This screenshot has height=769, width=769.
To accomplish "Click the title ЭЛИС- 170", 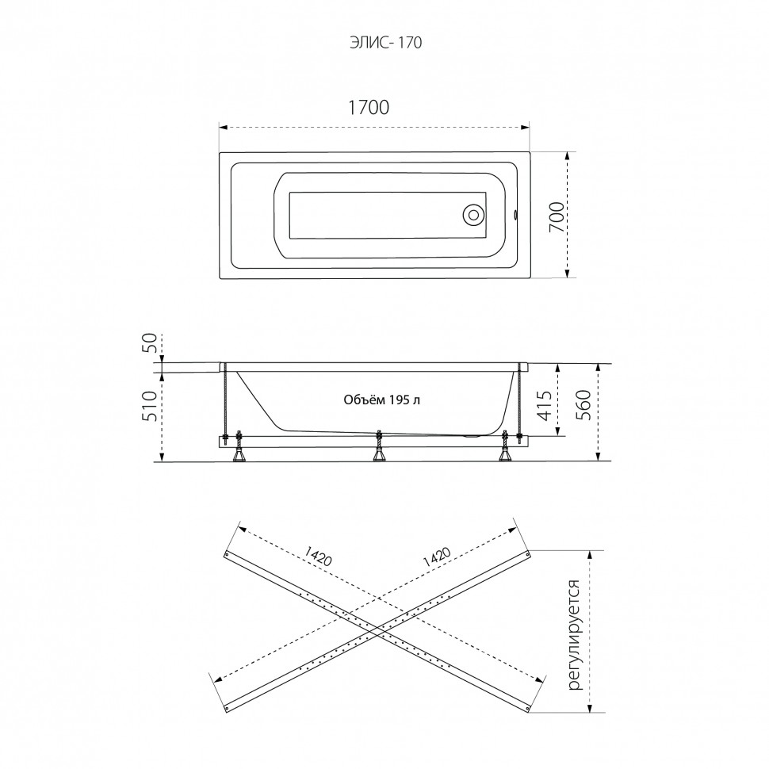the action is click(x=386, y=43).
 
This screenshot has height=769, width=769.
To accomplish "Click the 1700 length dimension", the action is click(x=369, y=107).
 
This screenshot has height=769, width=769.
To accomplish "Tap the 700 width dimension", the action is click(x=557, y=216).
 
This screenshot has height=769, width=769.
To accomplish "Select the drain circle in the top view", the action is click(x=474, y=215).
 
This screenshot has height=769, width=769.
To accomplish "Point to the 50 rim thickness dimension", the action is click(x=151, y=342).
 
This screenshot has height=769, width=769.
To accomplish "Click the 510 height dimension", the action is click(x=151, y=406).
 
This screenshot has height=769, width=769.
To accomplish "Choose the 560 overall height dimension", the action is click(x=583, y=405).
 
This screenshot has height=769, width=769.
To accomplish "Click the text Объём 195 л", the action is click(x=381, y=400).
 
